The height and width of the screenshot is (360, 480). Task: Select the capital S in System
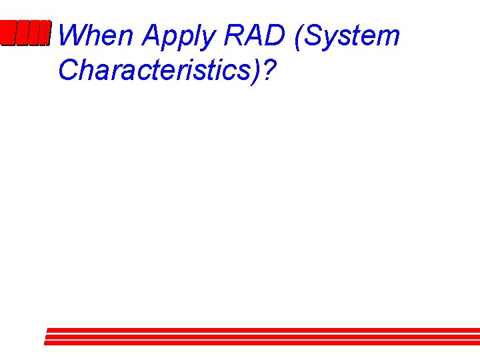tap(313, 36)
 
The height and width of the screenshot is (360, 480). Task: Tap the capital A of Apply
tap(152, 36)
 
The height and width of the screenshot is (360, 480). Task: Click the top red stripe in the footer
tap(263, 330)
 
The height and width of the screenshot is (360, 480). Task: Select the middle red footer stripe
tap(263, 337)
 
